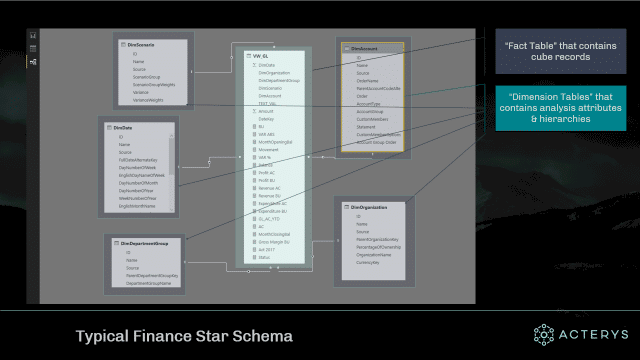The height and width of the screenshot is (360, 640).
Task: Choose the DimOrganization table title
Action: coord(368,204)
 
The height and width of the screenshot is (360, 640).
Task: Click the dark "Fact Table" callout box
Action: coord(548,51)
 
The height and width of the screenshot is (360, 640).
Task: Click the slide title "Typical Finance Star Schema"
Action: coord(184,336)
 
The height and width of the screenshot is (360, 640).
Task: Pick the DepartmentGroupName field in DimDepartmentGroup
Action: coord(149,283)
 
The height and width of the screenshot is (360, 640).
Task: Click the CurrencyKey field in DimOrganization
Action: coord(371,262)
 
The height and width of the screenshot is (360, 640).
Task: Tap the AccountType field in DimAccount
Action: coord(369,102)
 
